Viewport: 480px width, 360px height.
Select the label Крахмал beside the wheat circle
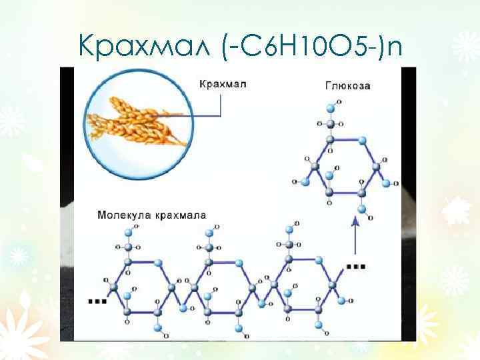click(223, 84)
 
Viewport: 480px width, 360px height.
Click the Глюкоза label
click(347, 85)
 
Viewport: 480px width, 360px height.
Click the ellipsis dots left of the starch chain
click(97, 301)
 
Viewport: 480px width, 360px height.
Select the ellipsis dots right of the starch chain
click(357, 266)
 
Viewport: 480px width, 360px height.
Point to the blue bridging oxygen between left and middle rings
click(178, 299)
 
